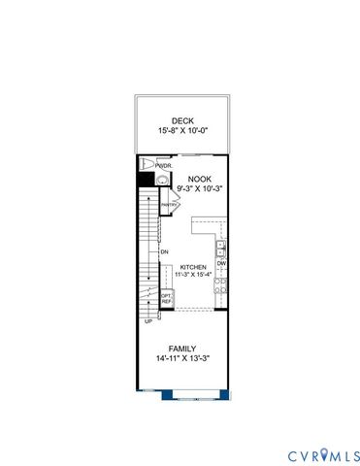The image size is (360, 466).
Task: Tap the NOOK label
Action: point(199,179)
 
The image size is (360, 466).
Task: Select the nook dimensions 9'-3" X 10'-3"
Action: point(199,189)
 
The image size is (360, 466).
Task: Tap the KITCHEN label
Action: point(191,265)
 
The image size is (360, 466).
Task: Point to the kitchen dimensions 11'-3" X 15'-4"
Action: point(191,274)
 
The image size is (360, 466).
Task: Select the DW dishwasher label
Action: point(221,263)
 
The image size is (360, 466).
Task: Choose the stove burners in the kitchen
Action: point(221,284)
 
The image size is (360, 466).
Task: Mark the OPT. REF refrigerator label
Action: point(166,299)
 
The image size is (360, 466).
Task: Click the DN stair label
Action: point(165,252)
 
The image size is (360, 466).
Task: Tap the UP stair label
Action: point(147,321)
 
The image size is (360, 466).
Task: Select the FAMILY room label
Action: point(182,349)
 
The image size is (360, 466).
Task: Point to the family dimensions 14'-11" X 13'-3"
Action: point(182,359)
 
